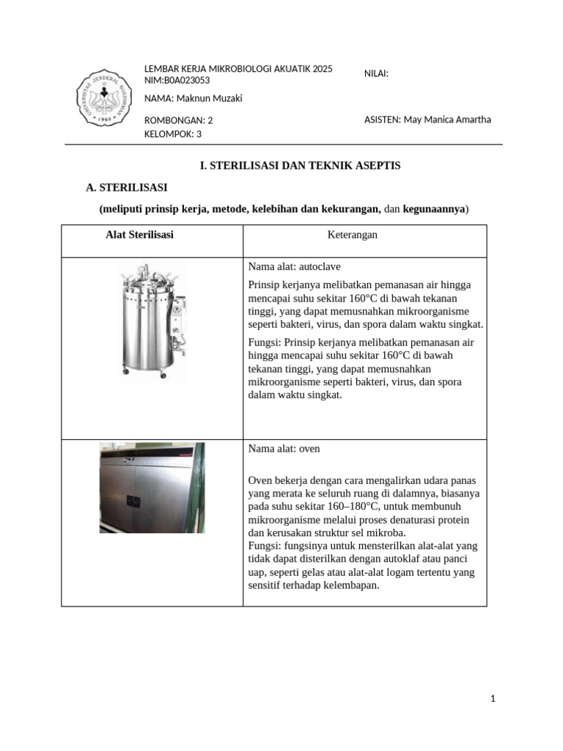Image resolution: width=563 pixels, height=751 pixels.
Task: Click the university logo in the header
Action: tap(106, 100)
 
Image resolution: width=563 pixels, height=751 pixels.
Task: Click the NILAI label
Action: tap(376, 73)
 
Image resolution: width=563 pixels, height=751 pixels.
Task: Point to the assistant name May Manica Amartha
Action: tap(447, 120)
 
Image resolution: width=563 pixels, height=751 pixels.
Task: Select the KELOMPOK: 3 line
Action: tap(173, 134)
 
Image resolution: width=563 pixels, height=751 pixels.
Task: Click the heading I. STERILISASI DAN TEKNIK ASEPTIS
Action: tap(301, 166)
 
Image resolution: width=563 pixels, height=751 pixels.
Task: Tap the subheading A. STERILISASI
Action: tap(128, 188)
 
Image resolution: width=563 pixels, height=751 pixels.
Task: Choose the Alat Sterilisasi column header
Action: tap(139, 235)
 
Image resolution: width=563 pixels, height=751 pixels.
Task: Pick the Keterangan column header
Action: tap(352, 235)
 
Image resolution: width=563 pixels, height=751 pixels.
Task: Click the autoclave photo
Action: tap(151, 323)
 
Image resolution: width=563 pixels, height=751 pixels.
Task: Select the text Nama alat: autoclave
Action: tap(295, 266)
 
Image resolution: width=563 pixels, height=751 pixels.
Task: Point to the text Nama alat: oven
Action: tap(284, 448)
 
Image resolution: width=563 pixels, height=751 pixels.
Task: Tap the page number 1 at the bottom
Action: tap(493, 699)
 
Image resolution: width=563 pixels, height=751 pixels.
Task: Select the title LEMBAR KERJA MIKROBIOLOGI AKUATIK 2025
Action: tap(238, 69)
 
